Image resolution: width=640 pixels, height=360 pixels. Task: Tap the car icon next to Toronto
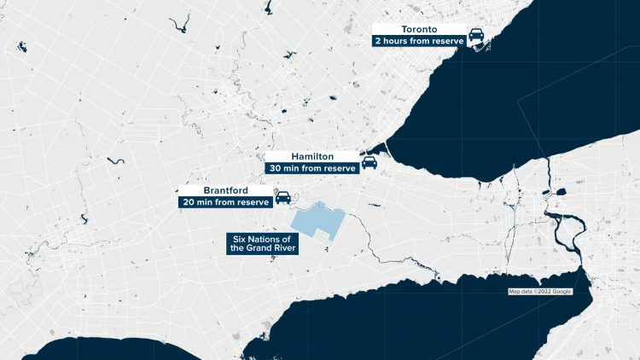(x=477, y=36)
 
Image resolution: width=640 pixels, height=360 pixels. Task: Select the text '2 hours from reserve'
(x=418, y=41)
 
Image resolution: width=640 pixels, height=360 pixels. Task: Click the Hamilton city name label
(x=311, y=157)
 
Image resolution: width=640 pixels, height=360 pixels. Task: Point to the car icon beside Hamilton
(x=369, y=163)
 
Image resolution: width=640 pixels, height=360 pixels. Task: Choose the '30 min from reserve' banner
(x=311, y=169)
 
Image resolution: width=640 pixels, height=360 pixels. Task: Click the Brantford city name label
(x=224, y=190)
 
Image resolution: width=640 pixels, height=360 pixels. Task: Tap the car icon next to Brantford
(x=282, y=199)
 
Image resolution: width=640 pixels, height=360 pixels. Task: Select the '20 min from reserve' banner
(x=224, y=203)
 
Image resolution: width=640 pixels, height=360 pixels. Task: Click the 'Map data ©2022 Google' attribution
(x=539, y=292)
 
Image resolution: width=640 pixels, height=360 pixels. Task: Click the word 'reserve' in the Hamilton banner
(x=337, y=169)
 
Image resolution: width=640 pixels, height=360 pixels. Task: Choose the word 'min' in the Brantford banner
(x=206, y=203)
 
